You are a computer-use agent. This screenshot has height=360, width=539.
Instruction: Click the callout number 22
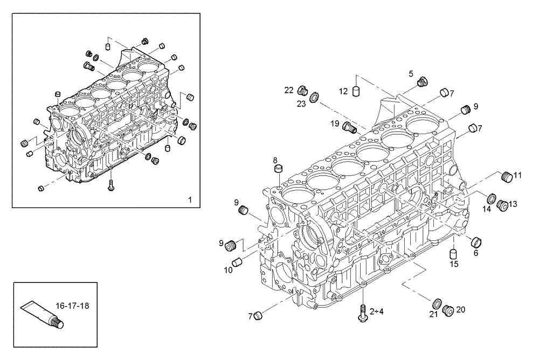(x=289, y=89)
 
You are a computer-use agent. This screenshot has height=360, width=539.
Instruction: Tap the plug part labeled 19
(x=350, y=128)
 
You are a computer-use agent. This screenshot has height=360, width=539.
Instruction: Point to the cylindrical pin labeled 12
(x=356, y=91)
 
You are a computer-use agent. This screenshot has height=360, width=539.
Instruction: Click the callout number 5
(x=411, y=73)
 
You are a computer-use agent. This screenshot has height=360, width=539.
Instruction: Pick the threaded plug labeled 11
(x=506, y=177)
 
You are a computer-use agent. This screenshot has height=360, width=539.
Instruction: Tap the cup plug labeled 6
(x=476, y=241)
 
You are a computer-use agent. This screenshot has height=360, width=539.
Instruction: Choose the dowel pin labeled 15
(x=454, y=253)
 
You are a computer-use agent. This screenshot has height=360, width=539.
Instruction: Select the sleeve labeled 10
(x=237, y=263)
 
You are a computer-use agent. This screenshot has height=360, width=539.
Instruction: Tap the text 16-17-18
(x=73, y=306)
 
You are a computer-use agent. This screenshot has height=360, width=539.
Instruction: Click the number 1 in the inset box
(x=190, y=199)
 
